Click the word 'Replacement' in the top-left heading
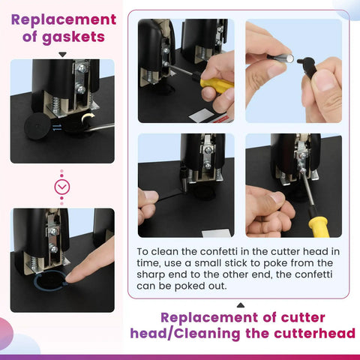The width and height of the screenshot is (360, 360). tap(64, 19)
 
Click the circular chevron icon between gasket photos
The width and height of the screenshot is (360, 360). tap(63, 186)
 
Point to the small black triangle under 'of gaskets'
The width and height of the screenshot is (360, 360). tap(63, 54)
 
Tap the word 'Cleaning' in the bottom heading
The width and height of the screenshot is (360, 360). tap(238, 333)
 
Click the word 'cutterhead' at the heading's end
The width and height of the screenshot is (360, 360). tap(313, 333)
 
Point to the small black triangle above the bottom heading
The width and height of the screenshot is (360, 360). tap(240, 304)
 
